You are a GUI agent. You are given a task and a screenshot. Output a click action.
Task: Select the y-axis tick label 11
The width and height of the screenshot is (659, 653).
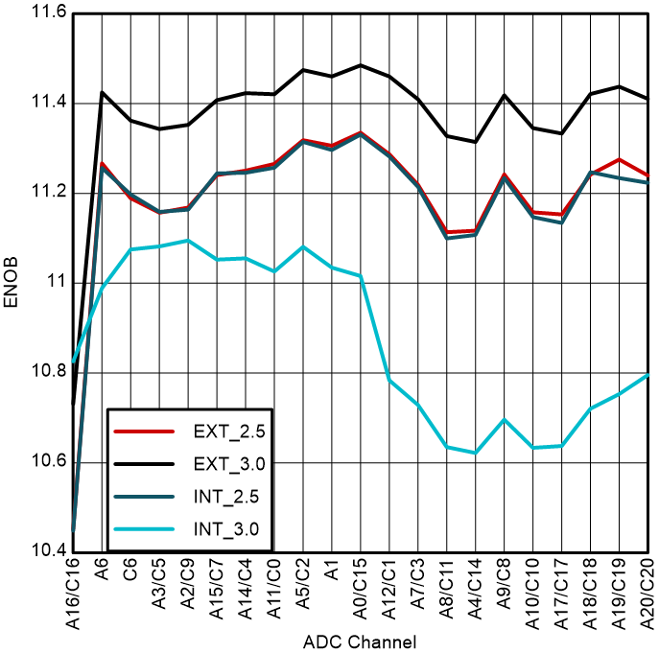click(x=55, y=283)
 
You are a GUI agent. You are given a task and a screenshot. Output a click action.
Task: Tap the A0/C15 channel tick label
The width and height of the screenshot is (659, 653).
click(x=361, y=595)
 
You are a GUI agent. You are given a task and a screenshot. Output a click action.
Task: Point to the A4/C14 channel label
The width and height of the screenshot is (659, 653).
click(x=476, y=595)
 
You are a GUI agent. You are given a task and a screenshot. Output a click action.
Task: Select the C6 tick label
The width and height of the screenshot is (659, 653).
click(x=131, y=573)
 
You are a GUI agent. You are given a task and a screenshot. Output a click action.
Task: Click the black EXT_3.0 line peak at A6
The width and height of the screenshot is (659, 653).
click(x=103, y=93)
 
